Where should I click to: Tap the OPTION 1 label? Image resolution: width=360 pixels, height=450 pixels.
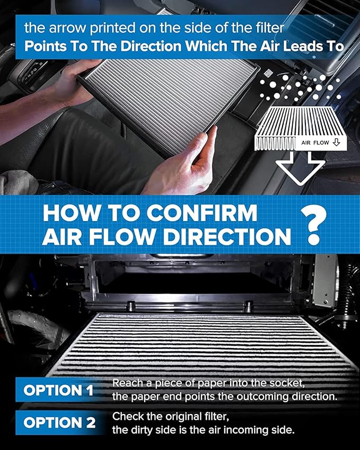(x=58, y=391)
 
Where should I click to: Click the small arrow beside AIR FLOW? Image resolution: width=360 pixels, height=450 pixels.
(x=336, y=143)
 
